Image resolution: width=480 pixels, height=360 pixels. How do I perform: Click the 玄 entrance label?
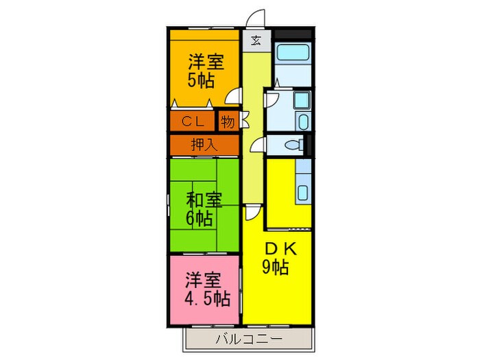click(x=255, y=40)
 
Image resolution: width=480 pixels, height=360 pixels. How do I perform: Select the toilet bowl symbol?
click(x=292, y=145)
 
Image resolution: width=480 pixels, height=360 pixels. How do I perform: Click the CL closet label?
click(x=193, y=121)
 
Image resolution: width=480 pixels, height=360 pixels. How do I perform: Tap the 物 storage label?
click(x=228, y=121)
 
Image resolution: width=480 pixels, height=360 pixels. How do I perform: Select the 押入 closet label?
click(x=204, y=145)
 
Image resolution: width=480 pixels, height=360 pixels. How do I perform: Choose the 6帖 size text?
click(x=198, y=219)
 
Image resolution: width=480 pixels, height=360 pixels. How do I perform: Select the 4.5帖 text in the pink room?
click(x=206, y=299)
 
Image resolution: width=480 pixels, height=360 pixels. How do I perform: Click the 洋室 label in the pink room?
click(x=204, y=280)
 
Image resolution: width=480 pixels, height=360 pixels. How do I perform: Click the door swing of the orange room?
click(x=235, y=97)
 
